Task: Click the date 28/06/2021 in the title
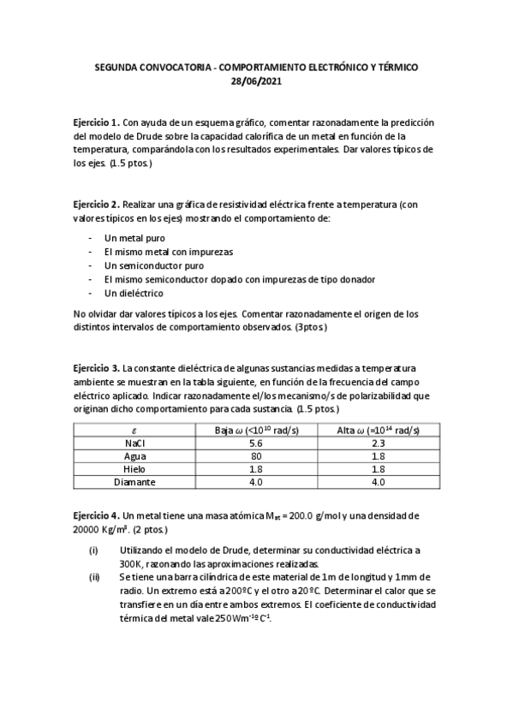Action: tap(256, 81)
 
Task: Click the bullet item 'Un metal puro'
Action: tap(134, 238)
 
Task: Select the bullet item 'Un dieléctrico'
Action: tap(134, 293)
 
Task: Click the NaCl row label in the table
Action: tap(134, 443)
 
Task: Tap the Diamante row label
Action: tap(134, 482)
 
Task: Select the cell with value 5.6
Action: tap(255, 443)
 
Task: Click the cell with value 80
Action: tap(255, 456)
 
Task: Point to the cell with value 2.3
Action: tap(378, 443)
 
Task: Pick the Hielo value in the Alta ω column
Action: tap(378, 469)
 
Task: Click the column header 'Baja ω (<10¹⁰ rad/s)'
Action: tap(255, 430)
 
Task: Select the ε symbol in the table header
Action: tap(134, 430)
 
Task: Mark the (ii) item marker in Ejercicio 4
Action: tap(95, 578)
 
